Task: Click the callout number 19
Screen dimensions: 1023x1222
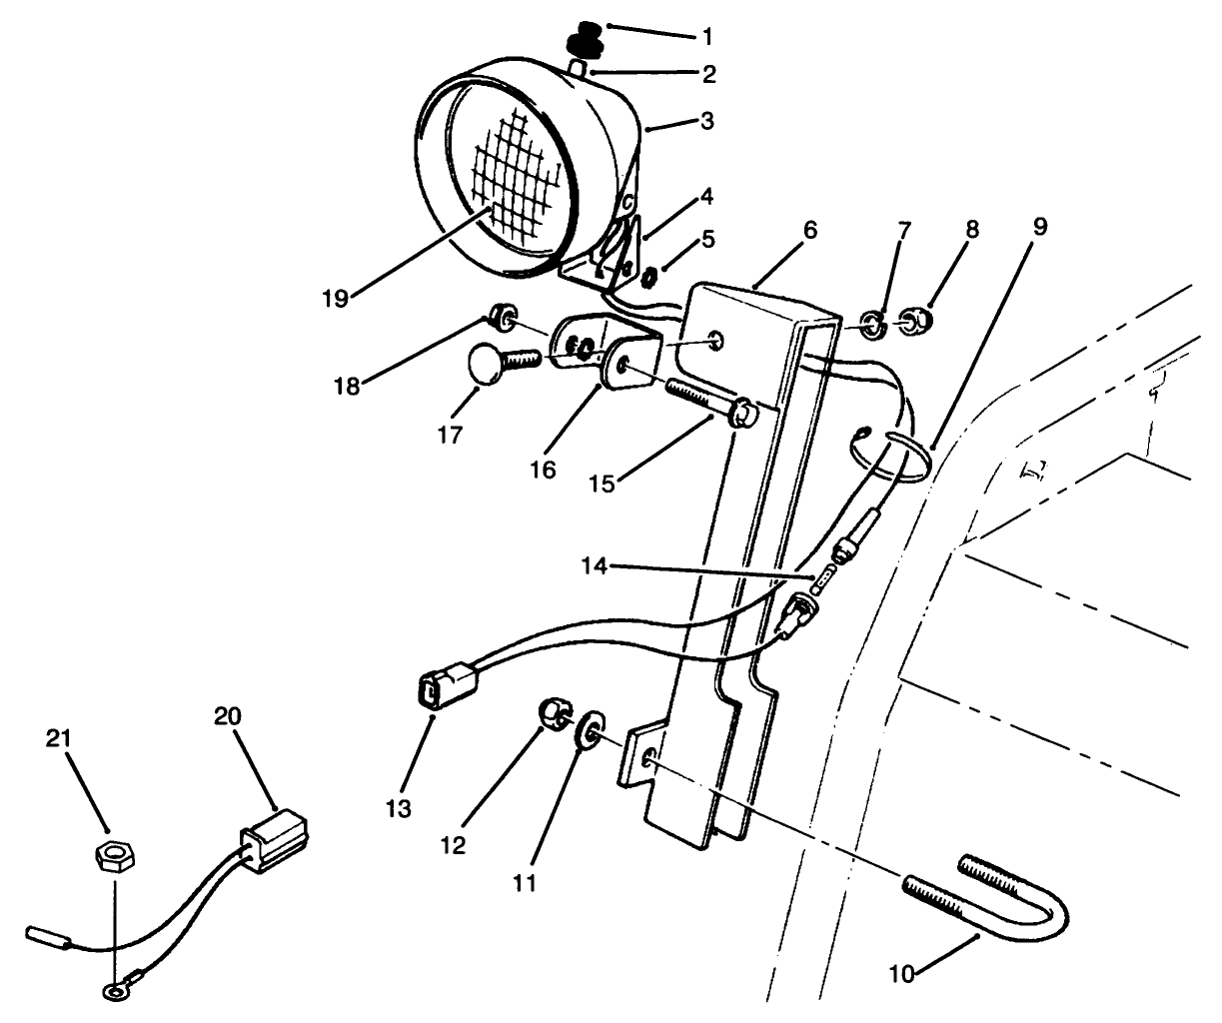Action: [x=335, y=299]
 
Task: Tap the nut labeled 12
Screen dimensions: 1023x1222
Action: [x=553, y=713]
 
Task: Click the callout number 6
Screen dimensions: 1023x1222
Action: [x=809, y=231]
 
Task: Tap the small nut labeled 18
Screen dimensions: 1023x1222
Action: [x=503, y=320]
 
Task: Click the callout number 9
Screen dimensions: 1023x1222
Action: [x=1039, y=227]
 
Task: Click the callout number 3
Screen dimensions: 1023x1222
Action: [x=706, y=122]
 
